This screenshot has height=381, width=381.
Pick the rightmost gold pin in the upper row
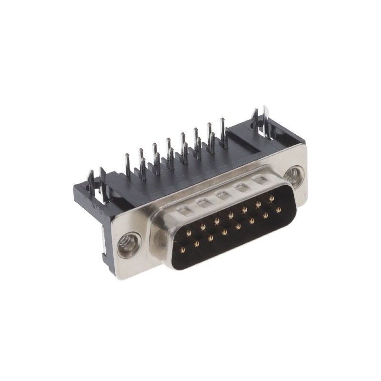pyautogui.click(x=271, y=198)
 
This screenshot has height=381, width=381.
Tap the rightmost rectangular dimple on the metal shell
pyautogui.click(x=260, y=180)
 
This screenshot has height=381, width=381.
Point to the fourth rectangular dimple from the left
pyautogui.click(x=241, y=187)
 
